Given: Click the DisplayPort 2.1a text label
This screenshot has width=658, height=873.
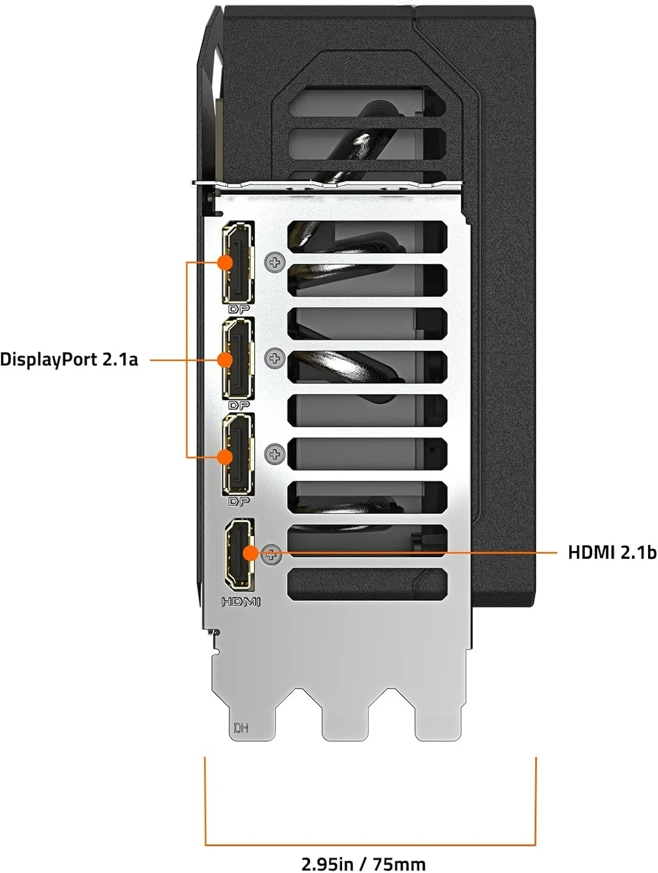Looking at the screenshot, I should (69, 359).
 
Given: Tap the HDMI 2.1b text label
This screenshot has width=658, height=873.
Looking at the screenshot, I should (611, 552).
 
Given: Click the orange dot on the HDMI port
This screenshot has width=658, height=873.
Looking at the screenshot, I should (250, 552).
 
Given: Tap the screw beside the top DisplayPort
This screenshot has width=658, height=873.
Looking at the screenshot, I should (275, 263).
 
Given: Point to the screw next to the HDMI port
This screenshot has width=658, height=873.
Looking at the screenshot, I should (271, 555).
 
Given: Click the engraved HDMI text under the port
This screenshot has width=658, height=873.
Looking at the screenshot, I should (240, 602).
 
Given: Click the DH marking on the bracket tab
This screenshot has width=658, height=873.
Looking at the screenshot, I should (240, 727).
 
